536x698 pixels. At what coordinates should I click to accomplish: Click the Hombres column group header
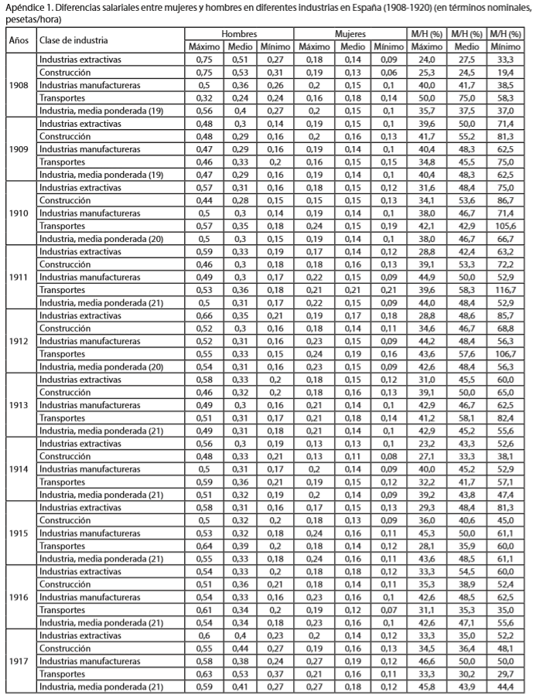click(239, 35)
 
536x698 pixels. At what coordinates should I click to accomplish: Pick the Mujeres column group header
click(350, 35)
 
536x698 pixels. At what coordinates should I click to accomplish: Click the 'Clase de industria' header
click(74, 40)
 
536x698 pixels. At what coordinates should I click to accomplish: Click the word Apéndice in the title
click(22, 7)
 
